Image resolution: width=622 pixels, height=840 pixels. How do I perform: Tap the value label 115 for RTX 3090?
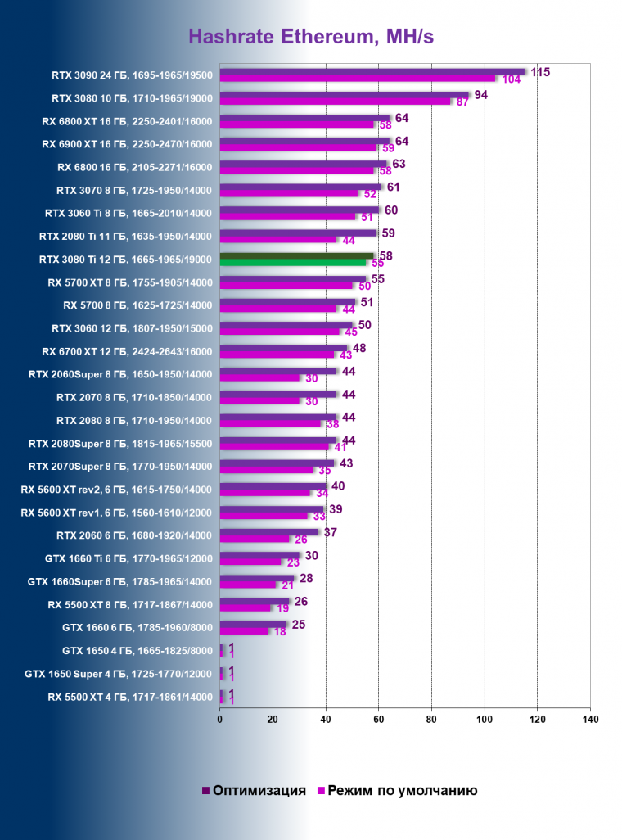(x=539, y=72)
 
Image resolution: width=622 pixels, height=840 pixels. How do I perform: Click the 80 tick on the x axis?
(x=431, y=720)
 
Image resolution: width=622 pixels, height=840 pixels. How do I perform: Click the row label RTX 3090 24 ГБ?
(x=131, y=75)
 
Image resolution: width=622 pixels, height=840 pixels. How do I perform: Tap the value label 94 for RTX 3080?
(x=481, y=95)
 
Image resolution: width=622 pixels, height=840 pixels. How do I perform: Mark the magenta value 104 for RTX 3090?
(x=512, y=79)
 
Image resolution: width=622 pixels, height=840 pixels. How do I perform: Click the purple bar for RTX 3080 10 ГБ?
(x=344, y=95)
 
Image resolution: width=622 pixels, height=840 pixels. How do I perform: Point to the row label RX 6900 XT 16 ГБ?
(x=127, y=144)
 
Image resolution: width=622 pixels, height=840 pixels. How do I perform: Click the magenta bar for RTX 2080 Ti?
(x=278, y=240)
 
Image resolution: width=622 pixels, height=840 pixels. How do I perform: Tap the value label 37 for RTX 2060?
(x=331, y=532)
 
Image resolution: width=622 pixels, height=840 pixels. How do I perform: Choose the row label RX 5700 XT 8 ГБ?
(x=130, y=282)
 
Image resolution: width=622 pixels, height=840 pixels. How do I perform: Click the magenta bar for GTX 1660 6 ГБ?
(x=244, y=631)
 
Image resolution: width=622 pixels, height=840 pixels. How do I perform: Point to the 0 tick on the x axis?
(x=220, y=720)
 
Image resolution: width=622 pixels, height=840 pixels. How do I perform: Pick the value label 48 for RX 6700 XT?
(x=358, y=348)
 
